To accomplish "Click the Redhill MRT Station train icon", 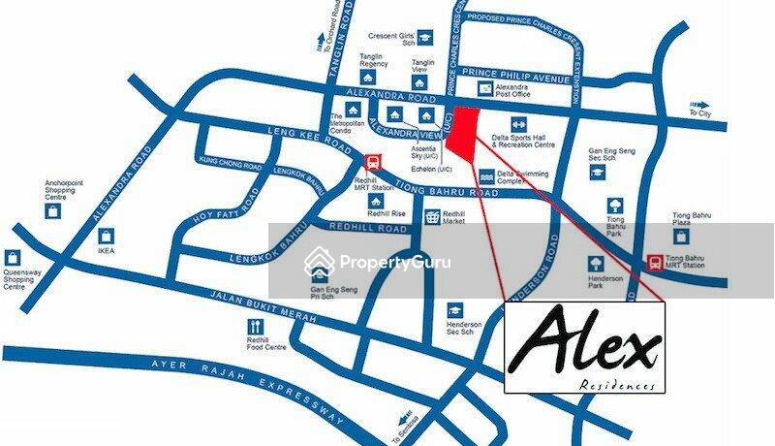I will [372, 163].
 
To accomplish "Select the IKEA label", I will [106, 250].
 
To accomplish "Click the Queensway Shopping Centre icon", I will [13, 258].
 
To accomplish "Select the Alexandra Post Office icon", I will [485, 88].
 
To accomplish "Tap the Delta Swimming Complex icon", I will [485, 176].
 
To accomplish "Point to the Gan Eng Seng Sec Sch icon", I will [597, 171].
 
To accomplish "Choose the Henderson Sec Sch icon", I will [454, 310].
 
